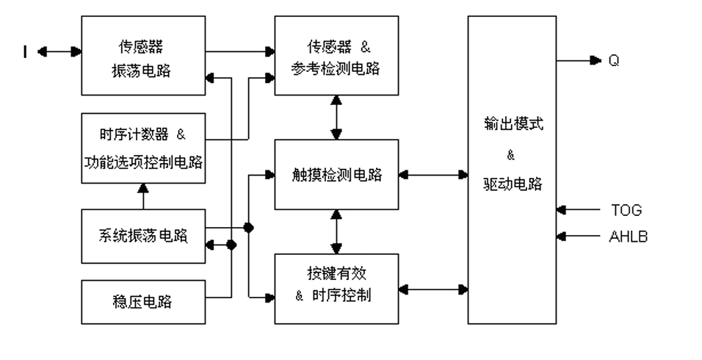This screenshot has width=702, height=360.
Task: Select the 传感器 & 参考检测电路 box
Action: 336,55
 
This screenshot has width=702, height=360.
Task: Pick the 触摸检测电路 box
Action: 336,175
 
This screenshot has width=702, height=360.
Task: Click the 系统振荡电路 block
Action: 142,236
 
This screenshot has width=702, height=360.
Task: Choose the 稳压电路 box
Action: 142,302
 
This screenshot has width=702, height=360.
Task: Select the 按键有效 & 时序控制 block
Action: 336,287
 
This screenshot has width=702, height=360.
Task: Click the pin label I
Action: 24,52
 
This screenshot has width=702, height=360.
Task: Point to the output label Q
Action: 613,61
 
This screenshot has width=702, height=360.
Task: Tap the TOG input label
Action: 626,210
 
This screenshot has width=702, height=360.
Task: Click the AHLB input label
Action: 628,237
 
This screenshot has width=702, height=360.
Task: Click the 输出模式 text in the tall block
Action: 512,125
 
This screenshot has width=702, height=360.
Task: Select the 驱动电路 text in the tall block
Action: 512,184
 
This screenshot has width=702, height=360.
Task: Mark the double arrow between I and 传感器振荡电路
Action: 58,52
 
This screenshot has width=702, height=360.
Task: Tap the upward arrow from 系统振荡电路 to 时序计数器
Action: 142,197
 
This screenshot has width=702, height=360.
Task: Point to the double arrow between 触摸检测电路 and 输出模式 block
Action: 433,175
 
